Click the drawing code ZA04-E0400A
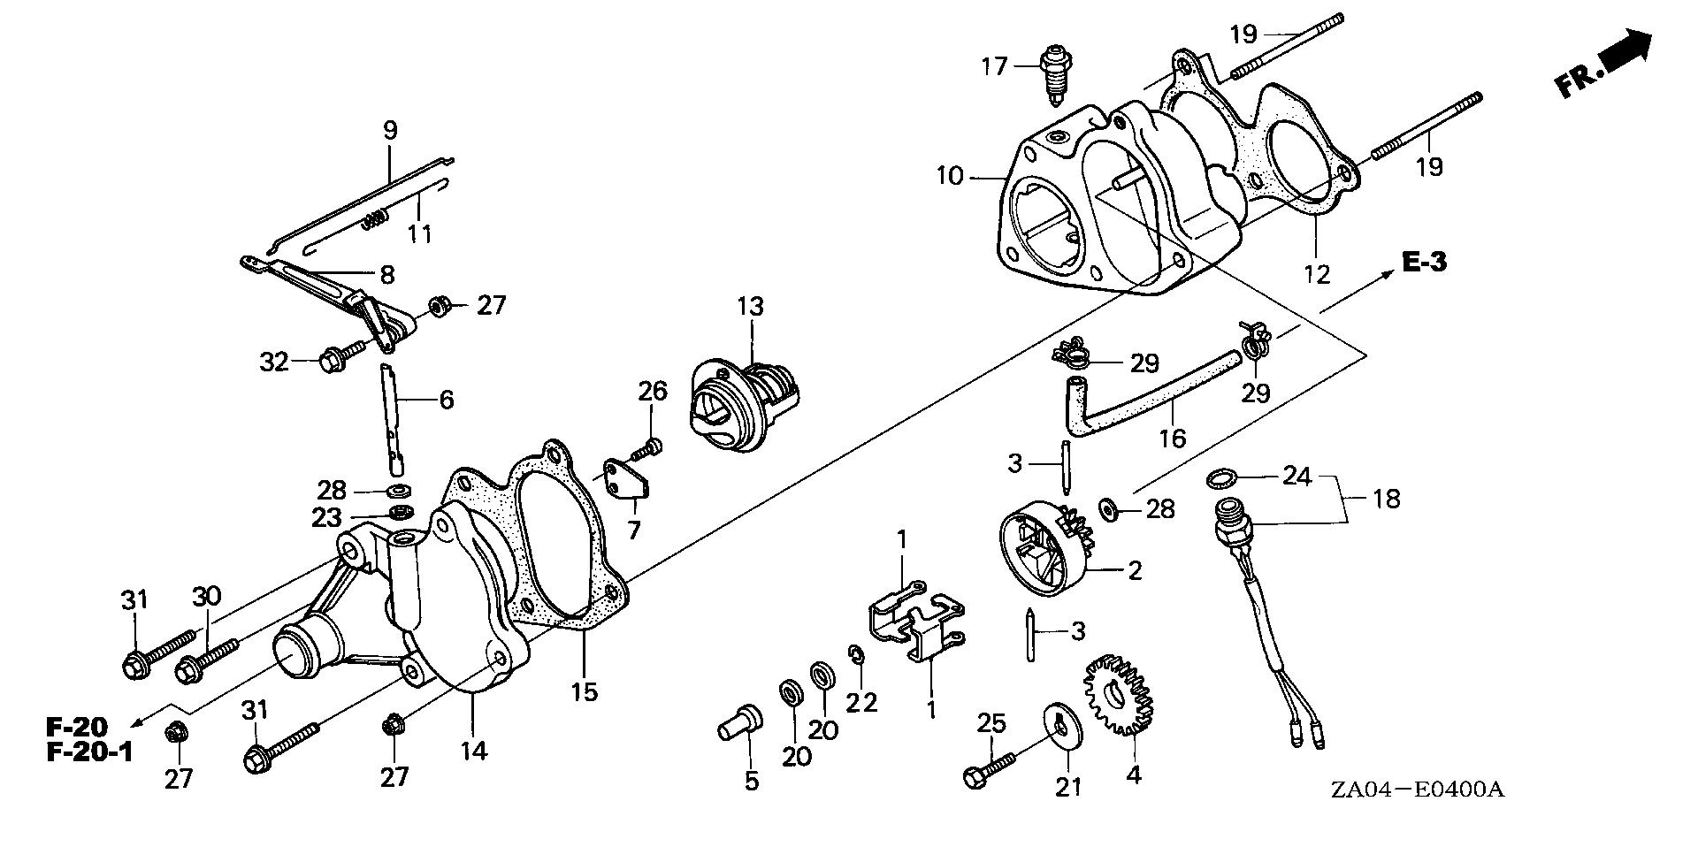[x=1427, y=789]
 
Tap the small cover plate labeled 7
[x=628, y=478]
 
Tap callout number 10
[x=949, y=176]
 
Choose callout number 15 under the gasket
[x=585, y=691]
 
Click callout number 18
[x=1386, y=500]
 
